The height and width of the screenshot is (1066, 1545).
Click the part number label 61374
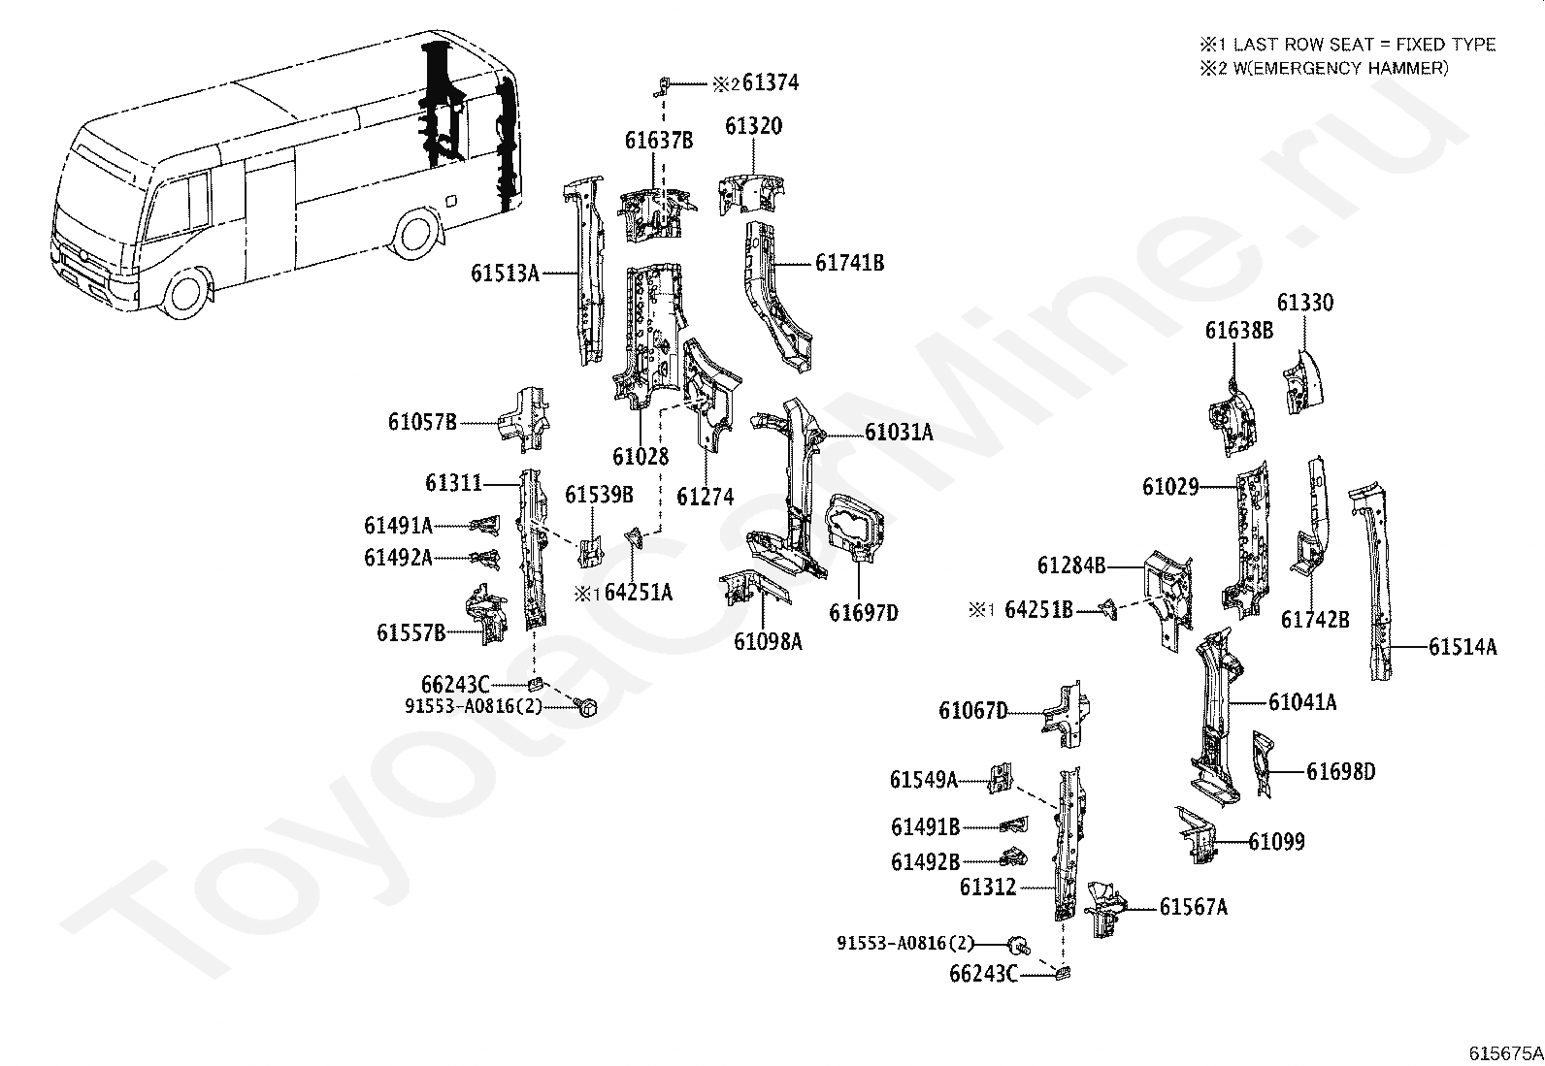(x=771, y=82)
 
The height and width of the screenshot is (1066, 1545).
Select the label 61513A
(x=505, y=274)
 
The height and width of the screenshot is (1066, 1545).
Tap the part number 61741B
(x=850, y=264)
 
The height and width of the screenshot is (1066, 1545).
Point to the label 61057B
(x=422, y=422)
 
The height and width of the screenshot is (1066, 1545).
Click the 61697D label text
(x=864, y=613)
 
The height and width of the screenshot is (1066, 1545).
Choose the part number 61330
(x=1305, y=303)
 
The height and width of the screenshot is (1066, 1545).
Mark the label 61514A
(x=1463, y=648)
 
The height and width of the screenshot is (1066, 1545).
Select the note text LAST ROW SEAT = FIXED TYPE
(x=1364, y=45)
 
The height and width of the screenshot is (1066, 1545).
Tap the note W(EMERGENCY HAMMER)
(x=1340, y=68)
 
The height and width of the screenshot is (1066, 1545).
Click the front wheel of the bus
(x=184, y=292)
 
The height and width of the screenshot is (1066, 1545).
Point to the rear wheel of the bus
(x=415, y=233)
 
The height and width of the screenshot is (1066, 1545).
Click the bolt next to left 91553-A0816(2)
(x=585, y=707)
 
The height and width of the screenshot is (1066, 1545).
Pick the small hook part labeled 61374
(x=662, y=86)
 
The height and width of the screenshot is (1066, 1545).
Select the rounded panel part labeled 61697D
(x=855, y=528)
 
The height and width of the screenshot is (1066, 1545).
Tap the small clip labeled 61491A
(x=485, y=526)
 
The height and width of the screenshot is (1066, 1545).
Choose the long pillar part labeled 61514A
(x=1369, y=583)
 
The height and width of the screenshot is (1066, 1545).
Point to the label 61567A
(x=1194, y=908)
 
